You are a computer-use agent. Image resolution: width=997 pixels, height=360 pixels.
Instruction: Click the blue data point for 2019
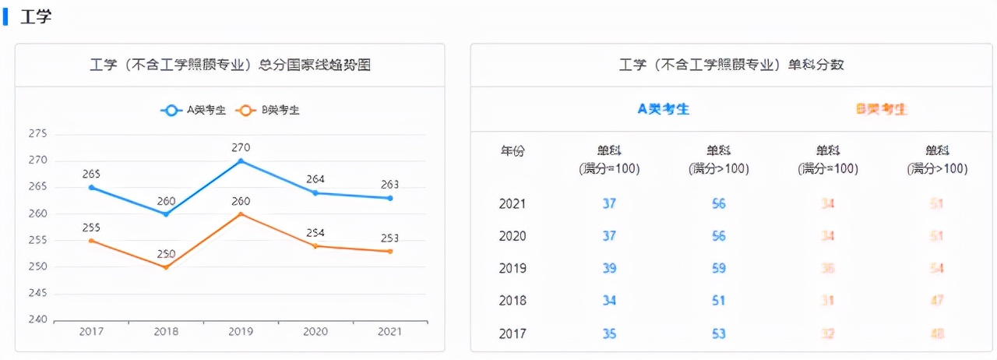pyautogui.click(x=241, y=161)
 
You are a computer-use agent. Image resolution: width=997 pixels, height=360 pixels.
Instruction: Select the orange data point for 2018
pyautogui.click(x=166, y=267)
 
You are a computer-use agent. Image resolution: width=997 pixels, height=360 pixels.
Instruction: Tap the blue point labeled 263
pyautogui.click(x=390, y=198)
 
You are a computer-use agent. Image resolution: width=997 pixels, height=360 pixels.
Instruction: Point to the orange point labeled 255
pyautogui.click(x=91, y=241)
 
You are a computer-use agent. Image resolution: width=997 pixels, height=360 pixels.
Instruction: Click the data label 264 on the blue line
pyautogui.click(x=315, y=179)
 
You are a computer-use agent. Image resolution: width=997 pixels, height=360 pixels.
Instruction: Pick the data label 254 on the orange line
pyautogui.click(x=315, y=232)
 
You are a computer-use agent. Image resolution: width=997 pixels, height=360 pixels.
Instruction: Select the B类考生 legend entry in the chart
pyautogui.click(x=269, y=111)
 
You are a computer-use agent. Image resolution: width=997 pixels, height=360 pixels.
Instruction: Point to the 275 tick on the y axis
pyautogui.click(x=37, y=134)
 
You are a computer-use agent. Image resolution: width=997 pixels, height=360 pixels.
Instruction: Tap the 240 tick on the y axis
pyautogui.click(x=37, y=319)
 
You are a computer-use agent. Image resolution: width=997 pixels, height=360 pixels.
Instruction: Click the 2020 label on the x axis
pyautogui.click(x=315, y=332)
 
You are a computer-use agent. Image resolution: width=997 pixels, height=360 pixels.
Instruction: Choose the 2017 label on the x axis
pyautogui.click(x=91, y=332)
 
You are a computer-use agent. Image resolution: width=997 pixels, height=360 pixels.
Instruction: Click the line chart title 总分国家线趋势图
pyautogui.click(x=230, y=65)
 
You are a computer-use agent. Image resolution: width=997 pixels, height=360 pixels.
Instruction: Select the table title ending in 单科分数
pyautogui.click(x=731, y=65)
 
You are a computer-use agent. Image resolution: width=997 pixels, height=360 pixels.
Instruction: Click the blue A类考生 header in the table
pyautogui.click(x=664, y=109)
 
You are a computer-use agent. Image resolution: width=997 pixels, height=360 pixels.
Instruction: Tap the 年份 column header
pyautogui.click(x=513, y=151)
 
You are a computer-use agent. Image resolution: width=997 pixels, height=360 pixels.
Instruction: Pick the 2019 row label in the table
pyautogui.click(x=513, y=269)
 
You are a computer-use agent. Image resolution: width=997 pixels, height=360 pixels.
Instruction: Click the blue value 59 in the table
pyautogui.click(x=718, y=269)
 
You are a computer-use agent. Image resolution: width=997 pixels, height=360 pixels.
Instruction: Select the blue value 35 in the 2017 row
pyautogui.click(x=609, y=334)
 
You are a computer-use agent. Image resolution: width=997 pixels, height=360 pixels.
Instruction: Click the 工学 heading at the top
pyautogui.click(x=36, y=16)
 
